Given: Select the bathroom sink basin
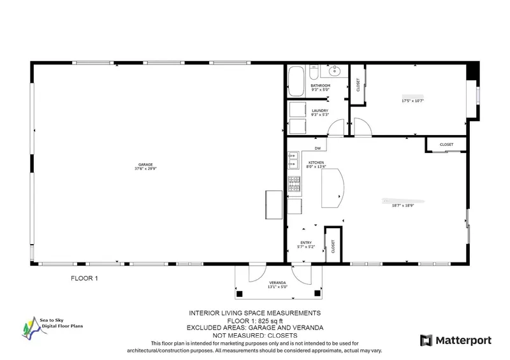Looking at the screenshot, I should [x=337, y=71].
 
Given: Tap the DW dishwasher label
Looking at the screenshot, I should [x=317, y=148].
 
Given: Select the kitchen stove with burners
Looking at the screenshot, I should [x=294, y=184].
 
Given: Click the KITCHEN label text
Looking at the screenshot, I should [x=317, y=164].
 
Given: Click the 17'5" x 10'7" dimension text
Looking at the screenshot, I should [x=412, y=101].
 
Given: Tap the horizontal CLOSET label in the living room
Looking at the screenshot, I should [x=446, y=145].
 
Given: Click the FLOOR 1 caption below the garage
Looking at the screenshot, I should [x=84, y=278].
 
